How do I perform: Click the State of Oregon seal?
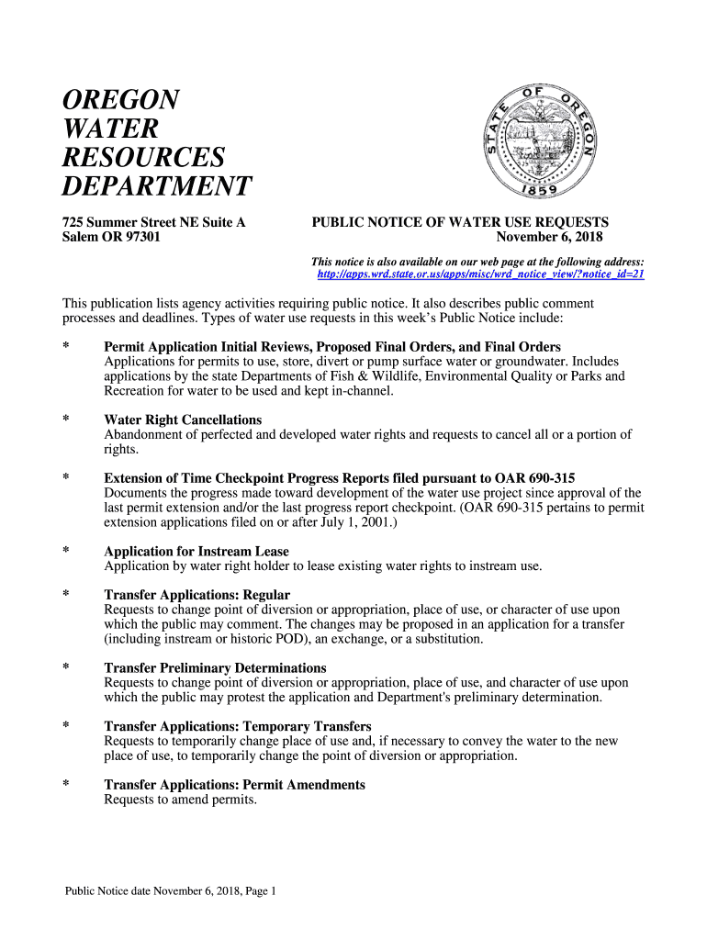(540, 140)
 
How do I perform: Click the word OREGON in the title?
(120, 99)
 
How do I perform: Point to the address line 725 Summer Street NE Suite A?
(153, 222)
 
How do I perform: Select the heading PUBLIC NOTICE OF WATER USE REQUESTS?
(460, 222)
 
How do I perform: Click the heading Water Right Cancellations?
(183, 420)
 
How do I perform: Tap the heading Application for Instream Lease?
(196, 552)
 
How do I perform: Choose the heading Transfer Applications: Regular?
(196, 595)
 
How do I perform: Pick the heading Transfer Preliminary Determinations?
(215, 667)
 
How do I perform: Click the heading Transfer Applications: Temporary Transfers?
(237, 726)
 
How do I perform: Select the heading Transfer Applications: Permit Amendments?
(234, 785)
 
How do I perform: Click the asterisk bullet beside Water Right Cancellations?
(66, 420)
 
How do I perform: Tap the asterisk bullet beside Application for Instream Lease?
(66, 552)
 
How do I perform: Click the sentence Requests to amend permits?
(180, 800)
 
